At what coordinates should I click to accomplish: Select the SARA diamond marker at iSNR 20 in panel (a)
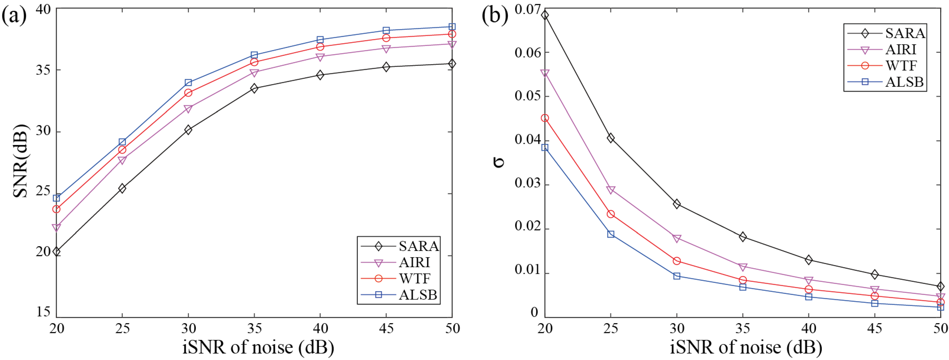(x=56, y=252)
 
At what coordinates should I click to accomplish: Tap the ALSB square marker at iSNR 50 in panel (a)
(x=452, y=26)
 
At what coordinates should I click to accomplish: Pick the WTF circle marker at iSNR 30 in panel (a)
(x=188, y=92)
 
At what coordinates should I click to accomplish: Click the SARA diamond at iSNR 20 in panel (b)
(x=545, y=15)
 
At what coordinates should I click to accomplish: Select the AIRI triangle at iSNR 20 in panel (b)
(x=545, y=73)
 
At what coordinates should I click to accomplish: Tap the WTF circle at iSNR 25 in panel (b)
(x=611, y=214)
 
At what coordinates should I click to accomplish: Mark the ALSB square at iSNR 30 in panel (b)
(x=677, y=276)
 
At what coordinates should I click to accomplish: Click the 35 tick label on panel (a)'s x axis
(x=254, y=328)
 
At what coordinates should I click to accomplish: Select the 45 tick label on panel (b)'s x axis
(x=875, y=328)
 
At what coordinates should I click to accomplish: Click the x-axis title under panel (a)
(x=258, y=347)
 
